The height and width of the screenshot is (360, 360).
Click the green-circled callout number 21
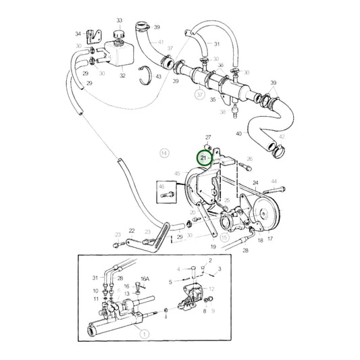tap(203, 158)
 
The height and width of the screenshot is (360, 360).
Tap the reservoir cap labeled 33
tap(119, 34)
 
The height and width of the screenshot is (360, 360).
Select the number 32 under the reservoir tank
tap(122, 76)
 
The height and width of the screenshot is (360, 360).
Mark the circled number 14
tap(163, 154)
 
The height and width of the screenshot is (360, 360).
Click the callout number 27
tap(208, 137)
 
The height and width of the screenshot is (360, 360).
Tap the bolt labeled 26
tap(249, 159)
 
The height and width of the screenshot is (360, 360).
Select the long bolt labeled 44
tap(274, 182)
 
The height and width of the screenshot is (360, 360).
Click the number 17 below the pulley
tap(271, 238)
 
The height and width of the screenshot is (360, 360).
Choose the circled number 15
tap(224, 238)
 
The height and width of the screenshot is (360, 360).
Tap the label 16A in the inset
tap(144, 278)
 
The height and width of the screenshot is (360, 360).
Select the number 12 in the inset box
tap(211, 289)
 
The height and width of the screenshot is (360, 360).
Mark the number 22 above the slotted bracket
tap(132, 231)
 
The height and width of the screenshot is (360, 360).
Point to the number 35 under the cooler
tap(212, 99)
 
